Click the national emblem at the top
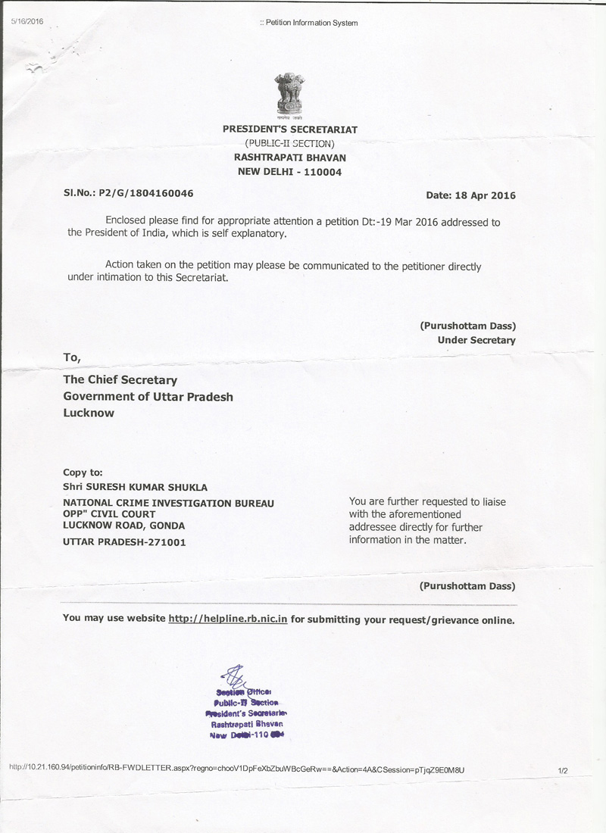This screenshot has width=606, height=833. point(289,96)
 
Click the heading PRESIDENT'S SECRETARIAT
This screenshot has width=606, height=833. point(289,129)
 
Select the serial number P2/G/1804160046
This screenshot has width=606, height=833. point(145,193)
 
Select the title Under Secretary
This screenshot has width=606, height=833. point(476,340)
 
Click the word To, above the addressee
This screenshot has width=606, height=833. point(71,357)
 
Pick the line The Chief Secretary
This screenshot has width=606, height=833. point(120,380)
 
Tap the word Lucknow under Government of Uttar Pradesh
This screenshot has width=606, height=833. point(89,413)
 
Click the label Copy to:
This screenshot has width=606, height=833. point(83,472)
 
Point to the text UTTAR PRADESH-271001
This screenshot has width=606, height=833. point(124,542)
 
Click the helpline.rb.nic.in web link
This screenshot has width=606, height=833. point(227,619)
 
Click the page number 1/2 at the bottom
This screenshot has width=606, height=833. point(562,770)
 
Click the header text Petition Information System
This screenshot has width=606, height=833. point(309,23)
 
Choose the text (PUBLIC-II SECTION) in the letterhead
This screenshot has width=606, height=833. point(289,143)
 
